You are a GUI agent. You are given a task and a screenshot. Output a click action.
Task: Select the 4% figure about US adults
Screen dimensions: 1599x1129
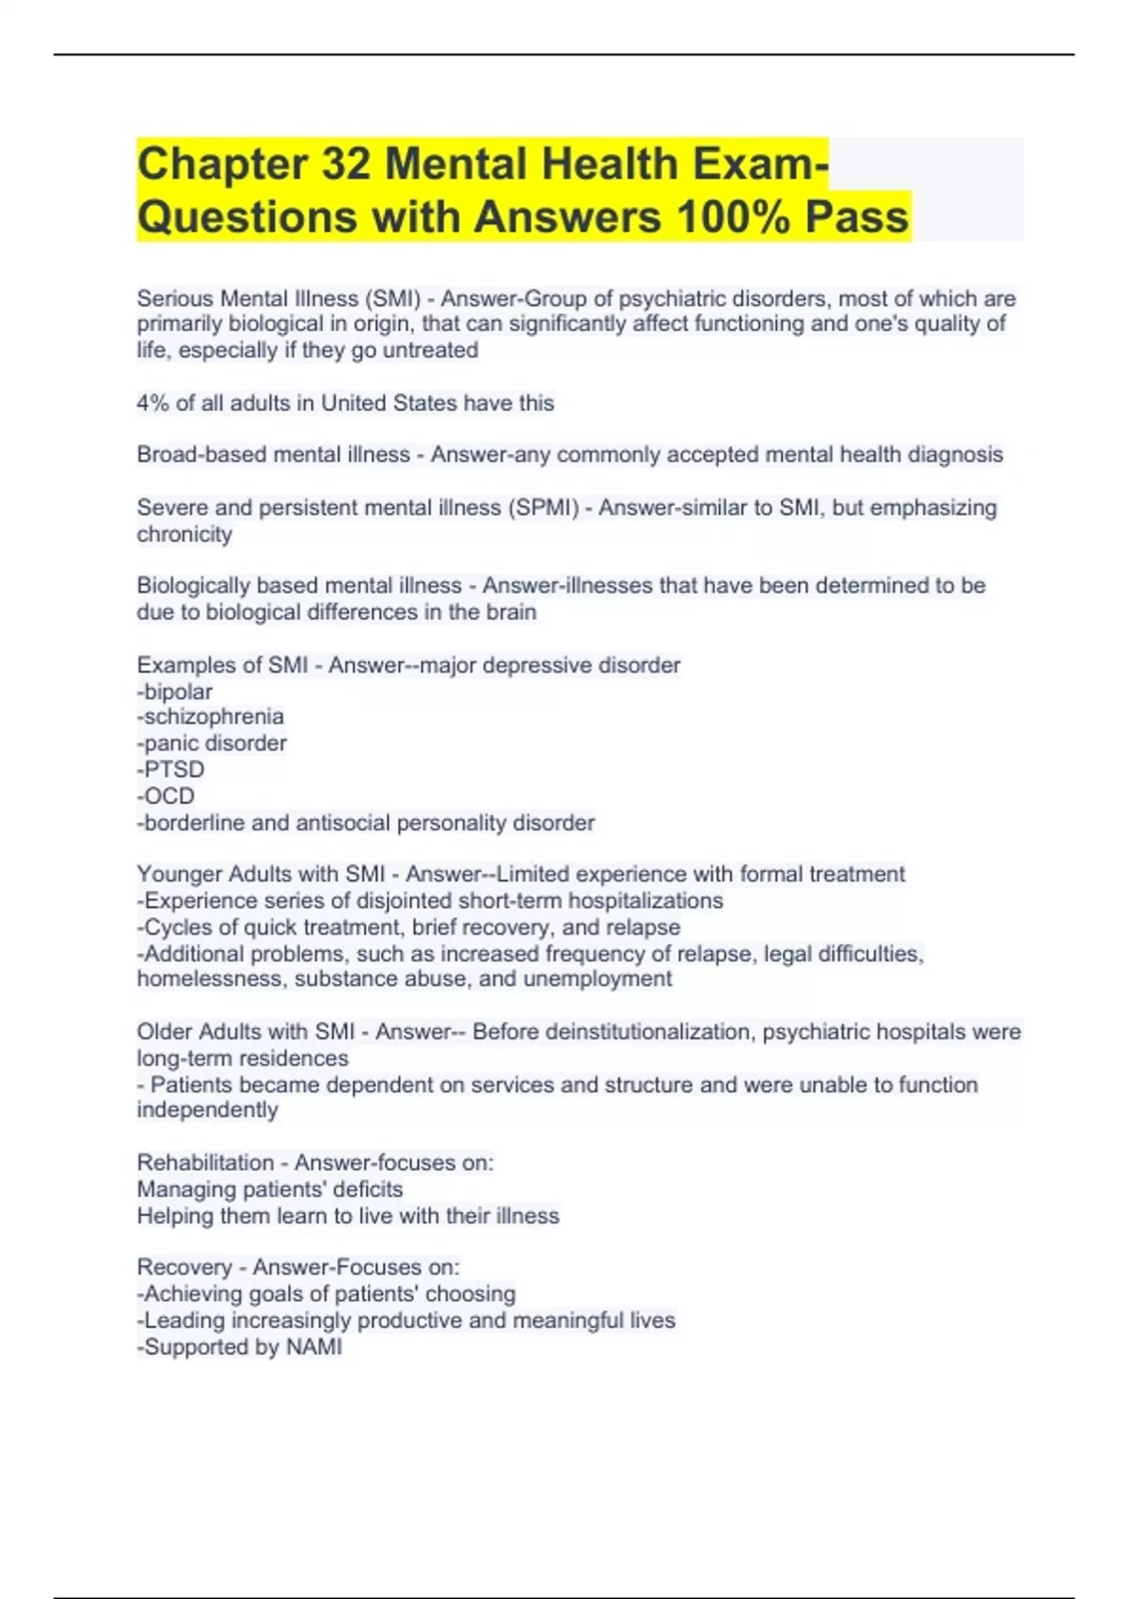(152, 404)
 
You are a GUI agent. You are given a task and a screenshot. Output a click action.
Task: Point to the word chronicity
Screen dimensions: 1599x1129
(184, 534)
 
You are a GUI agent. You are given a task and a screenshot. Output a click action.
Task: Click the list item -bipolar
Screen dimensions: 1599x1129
(175, 692)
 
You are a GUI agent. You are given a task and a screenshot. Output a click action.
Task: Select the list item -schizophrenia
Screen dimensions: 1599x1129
(211, 717)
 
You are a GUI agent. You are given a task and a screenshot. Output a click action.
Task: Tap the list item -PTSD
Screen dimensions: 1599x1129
(171, 769)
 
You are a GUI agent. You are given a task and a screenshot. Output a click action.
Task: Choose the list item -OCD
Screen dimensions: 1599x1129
(167, 796)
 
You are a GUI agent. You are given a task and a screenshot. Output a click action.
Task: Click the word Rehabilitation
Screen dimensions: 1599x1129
(205, 1163)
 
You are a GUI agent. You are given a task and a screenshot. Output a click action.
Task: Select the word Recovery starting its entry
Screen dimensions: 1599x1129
(183, 1267)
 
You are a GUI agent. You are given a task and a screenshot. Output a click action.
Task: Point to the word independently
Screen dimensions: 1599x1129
(207, 1110)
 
